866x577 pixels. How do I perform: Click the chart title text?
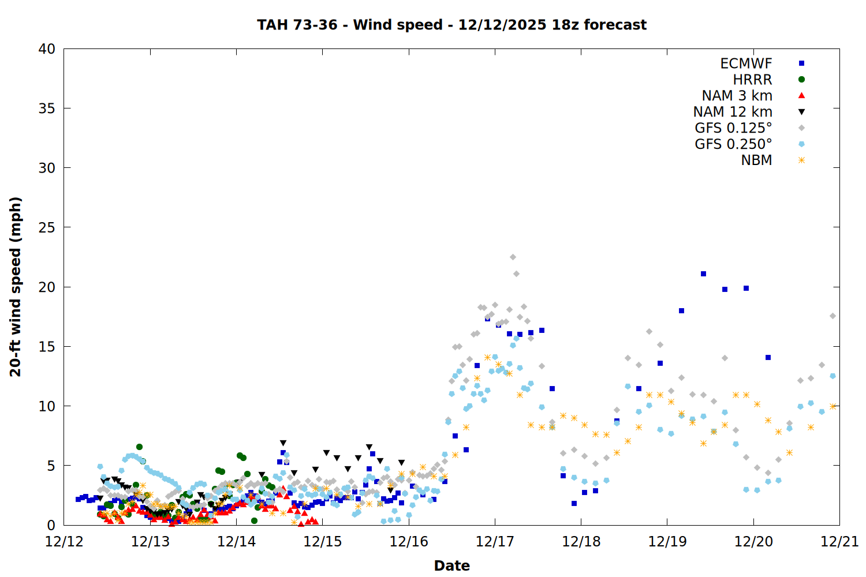pos(451,25)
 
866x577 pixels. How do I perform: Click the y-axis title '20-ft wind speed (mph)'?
pos(16,287)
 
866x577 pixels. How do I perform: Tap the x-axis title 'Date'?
pos(451,565)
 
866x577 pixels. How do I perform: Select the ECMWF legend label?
pos(746,63)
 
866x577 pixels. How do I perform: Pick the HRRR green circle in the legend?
pos(801,80)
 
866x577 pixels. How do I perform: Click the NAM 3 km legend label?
pos(737,96)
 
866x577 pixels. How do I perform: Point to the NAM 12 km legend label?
pos(733,112)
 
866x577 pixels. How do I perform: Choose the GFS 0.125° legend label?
pos(733,128)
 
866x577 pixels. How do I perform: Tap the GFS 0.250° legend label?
pos(733,144)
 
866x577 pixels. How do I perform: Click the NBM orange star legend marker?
pos(801,160)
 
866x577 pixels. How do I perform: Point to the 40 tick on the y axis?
pos(47,49)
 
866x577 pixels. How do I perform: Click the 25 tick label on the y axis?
pos(47,227)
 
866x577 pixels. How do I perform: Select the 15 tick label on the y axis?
pos(47,347)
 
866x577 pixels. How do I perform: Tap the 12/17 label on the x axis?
pos(495,542)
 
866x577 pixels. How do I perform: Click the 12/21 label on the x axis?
pos(839,542)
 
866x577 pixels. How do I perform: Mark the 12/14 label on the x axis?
pos(236,542)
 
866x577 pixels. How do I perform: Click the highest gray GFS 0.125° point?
pos(513,257)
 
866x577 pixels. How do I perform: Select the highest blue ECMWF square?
pos(703,274)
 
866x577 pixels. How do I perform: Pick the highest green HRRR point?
pos(139,447)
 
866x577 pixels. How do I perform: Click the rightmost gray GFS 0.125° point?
pos(833,316)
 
